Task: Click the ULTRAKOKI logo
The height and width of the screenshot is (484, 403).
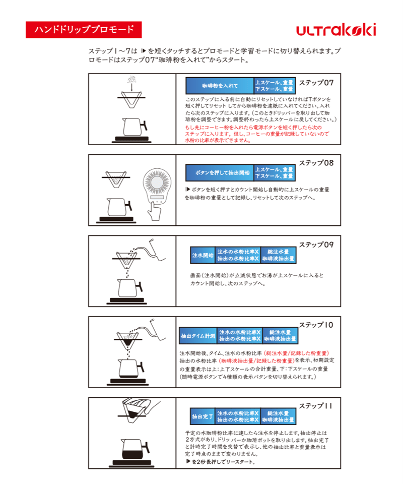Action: click(336, 30)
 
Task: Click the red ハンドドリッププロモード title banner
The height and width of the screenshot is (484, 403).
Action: click(84, 30)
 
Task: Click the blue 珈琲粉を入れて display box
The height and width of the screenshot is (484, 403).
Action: click(219, 86)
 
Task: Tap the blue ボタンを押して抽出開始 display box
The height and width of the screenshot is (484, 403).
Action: click(219, 173)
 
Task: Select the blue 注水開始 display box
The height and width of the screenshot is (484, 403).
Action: click(203, 255)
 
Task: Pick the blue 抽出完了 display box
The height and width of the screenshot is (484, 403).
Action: click(203, 417)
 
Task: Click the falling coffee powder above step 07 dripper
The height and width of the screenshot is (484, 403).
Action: click(131, 80)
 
